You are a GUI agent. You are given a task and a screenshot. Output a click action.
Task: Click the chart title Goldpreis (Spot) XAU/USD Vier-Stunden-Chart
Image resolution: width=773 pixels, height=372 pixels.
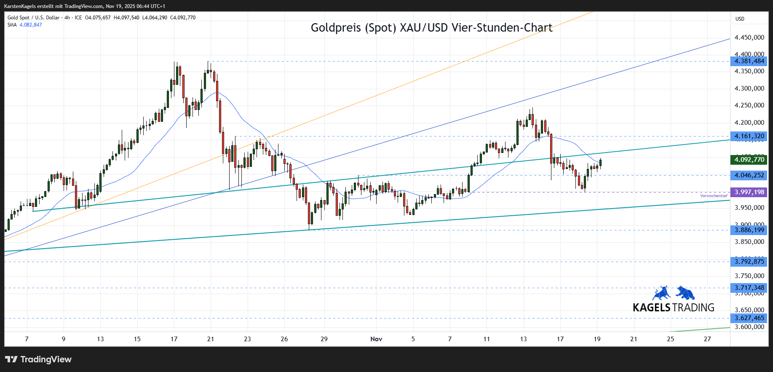(431, 28)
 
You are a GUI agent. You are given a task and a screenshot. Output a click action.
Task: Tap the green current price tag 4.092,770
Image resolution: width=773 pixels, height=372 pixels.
(749, 160)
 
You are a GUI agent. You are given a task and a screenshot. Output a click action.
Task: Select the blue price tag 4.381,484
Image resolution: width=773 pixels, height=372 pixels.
(749, 61)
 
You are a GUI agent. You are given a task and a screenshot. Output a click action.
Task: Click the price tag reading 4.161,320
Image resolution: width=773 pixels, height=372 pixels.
(749, 136)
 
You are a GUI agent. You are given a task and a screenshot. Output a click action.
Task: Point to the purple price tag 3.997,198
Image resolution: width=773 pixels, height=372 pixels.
(749, 192)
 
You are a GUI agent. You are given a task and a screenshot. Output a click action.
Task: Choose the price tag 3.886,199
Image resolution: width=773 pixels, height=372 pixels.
(749, 230)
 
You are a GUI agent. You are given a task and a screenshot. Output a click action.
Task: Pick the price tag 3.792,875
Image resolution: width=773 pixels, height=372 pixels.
(749, 262)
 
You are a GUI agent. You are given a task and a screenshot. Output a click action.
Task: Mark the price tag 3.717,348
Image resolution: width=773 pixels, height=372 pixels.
(749, 288)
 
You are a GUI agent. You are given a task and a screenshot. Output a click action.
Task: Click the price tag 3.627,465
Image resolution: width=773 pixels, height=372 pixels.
(749, 318)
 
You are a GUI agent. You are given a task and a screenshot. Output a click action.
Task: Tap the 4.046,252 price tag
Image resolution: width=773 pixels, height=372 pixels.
(749, 175)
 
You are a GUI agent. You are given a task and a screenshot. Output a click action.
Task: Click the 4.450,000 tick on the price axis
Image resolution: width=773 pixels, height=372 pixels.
(749, 37)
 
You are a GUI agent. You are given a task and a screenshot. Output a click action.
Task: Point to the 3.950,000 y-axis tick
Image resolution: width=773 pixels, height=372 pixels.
(749, 208)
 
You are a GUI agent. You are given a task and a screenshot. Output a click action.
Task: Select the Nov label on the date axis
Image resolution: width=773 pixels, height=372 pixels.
(376, 339)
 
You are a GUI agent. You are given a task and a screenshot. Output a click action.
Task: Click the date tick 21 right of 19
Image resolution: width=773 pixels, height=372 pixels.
(634, 339)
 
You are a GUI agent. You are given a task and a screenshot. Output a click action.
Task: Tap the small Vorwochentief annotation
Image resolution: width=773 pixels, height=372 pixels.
(714, 196)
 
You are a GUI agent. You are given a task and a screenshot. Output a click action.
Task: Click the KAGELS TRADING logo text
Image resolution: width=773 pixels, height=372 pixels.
(673, 308)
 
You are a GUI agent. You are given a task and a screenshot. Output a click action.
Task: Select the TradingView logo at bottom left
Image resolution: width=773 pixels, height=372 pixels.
(38, 359)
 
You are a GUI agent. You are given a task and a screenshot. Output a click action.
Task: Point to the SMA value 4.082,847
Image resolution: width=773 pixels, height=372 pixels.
(31, 25)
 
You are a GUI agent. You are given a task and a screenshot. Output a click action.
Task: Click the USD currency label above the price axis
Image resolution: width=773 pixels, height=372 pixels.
(740, 19)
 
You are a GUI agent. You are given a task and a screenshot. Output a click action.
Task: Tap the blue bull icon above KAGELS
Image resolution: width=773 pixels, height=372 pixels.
(661, 293)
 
